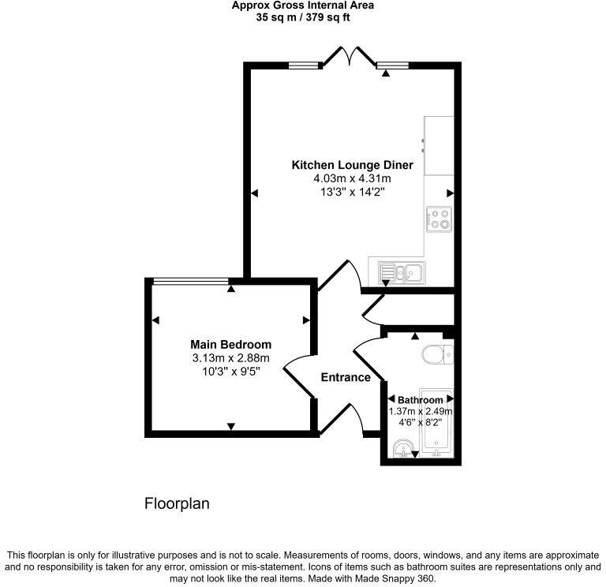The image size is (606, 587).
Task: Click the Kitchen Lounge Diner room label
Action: (x=352, y=166)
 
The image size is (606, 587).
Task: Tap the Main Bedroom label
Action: (x=230, y=345)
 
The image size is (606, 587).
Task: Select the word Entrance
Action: (x=346, y=377)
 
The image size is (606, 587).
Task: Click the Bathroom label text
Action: (x=420, y=399)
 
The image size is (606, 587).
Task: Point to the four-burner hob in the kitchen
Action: (x=439, y=219)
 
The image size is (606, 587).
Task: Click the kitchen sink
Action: (x=401, y=272)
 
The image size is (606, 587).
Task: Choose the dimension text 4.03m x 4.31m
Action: (x=352, y=179)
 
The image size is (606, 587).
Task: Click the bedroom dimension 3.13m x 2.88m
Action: (x=230, y=358)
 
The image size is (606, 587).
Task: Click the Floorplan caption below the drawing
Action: (x=177, y=503)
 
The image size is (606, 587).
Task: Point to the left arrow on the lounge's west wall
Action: (x=254, y=193)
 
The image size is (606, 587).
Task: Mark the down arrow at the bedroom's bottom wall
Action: (x=230, y=426)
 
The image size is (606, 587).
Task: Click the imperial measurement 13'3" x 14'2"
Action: (x=352, y=192)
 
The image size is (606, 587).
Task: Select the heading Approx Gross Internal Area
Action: (x=303, y=6)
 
